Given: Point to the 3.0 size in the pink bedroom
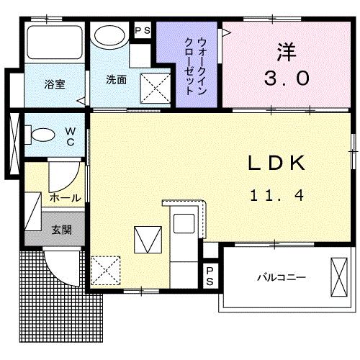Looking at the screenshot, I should tap(287, 76).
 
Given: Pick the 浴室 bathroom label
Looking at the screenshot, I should tap(54, 84).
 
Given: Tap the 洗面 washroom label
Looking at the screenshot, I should tap(116, 80).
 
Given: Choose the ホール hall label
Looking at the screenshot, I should tap(65, 197).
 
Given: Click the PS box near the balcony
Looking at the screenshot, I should tap(210, 276).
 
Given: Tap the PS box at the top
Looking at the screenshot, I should tap(143, 31).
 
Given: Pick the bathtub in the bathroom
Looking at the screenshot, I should tap(54, 43).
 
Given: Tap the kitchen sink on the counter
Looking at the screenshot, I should tap(182, 222).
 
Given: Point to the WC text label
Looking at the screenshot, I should tap(71, 136).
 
